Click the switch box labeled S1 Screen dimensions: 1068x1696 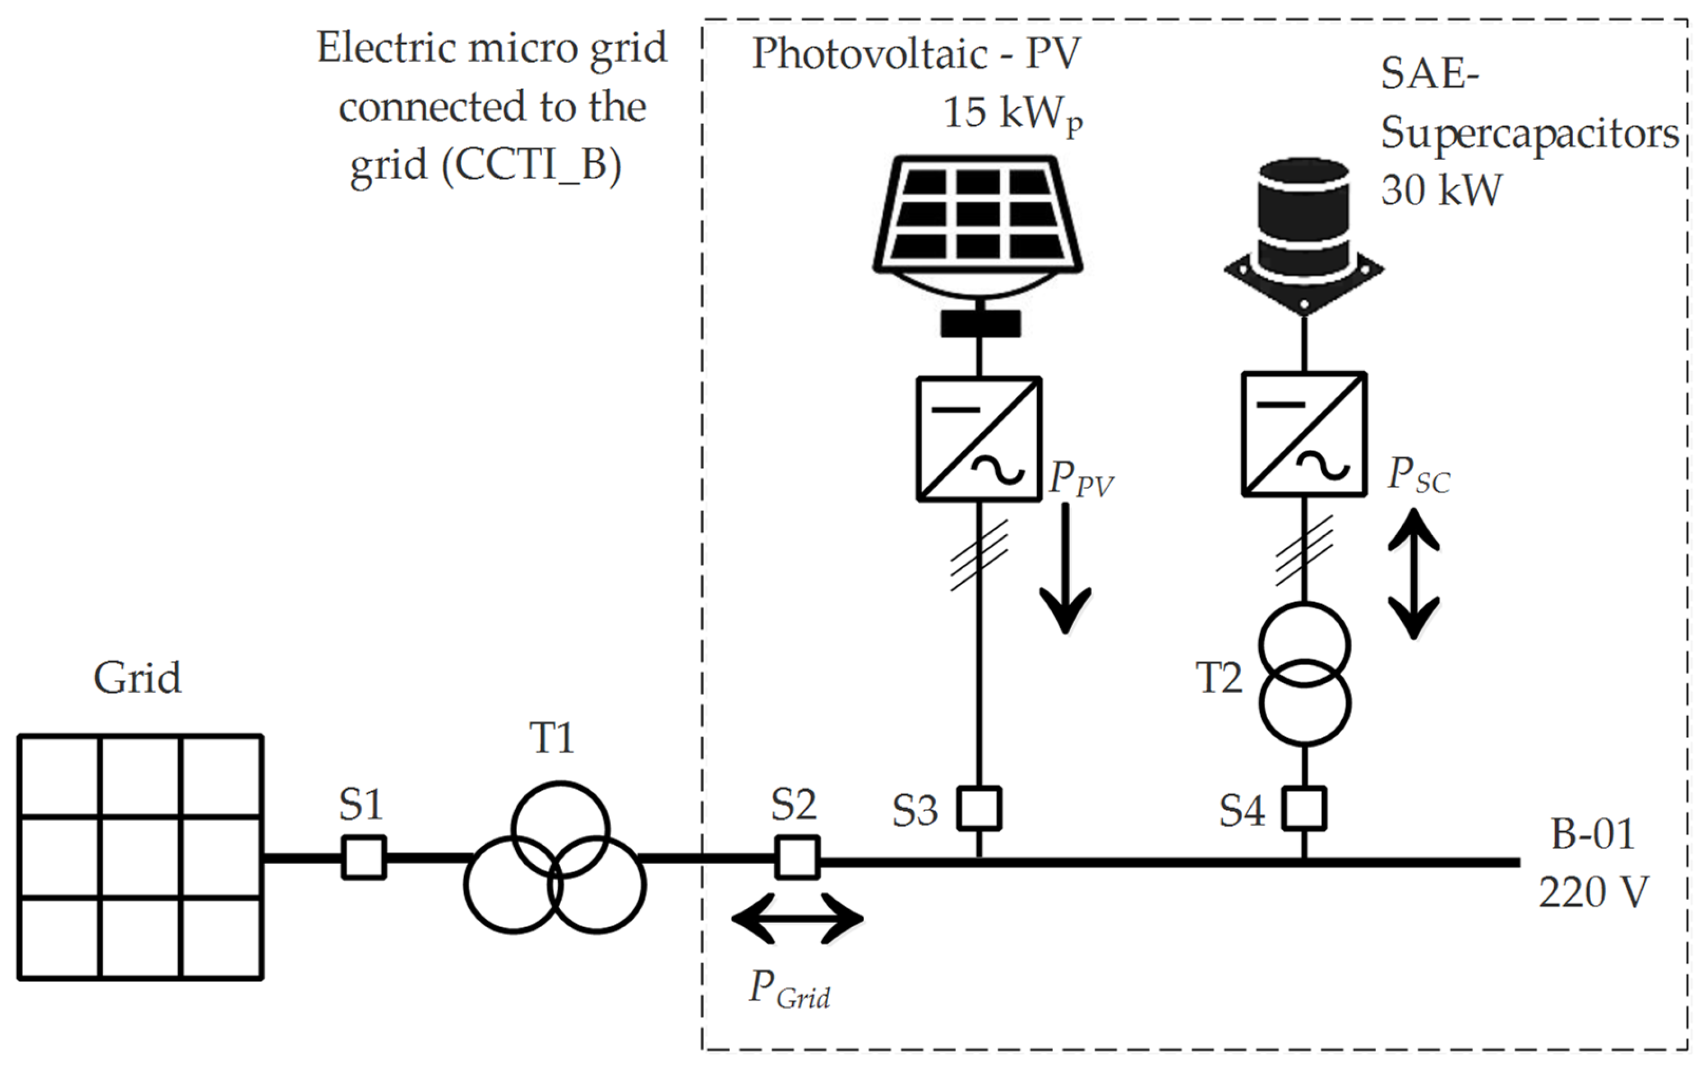coord(363,857)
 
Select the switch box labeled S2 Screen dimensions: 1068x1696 coord(797,857)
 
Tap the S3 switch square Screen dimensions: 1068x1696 coord(979,808)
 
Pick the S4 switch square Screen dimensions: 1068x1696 coord(1304,808)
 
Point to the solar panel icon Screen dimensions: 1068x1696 coord(978,218)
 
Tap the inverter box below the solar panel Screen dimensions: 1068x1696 coord(978,439)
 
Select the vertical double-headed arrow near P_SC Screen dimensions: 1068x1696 coord(1413,574)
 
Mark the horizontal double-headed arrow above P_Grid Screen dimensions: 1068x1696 coord(797,918)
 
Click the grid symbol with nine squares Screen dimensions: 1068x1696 coord(140,857)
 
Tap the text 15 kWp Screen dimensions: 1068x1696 coord(1012,114)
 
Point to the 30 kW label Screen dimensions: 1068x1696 coord(1441,190)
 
